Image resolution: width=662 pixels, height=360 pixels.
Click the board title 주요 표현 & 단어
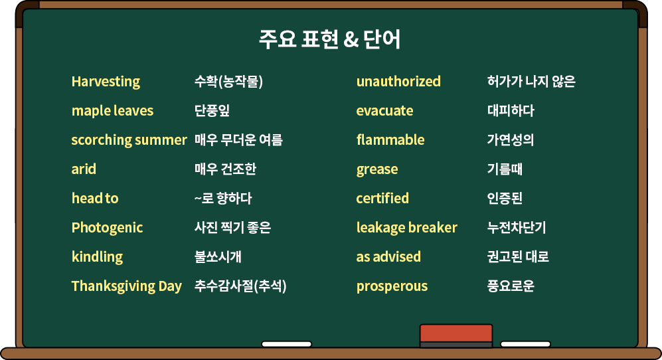tap(330, 39)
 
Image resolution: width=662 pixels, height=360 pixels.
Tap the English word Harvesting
tap(106, 82)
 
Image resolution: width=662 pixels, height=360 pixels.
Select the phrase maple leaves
tap(112, 111)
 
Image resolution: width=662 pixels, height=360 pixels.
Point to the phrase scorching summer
tap(129, 140)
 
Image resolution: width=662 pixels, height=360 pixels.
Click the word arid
tap(84, 169)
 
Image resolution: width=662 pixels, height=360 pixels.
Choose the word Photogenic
tap(107, 228)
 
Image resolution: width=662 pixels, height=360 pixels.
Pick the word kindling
tap(97, 257)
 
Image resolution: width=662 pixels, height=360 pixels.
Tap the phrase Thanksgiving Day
tap(126, 286)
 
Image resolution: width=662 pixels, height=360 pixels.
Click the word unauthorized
tap(398, 81)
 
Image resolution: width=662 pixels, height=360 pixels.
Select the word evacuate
tap(384, 111)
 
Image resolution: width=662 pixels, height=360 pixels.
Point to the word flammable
tap(390, 139)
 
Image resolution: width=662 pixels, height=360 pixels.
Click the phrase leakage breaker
tap(406, 228)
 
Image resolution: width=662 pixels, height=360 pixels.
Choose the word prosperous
tap(392, 286)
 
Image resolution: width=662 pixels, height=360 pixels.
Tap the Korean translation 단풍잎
tap(212, 111)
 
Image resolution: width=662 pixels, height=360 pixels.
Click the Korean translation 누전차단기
tap(517, 228)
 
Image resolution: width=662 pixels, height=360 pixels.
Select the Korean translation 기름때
tap(505, 169)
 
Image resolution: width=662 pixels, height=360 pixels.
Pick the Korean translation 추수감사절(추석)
tap(240, 286)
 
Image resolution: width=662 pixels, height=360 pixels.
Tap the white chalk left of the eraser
tap(287, 344)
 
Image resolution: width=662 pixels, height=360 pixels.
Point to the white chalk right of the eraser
tap(526, 344)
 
